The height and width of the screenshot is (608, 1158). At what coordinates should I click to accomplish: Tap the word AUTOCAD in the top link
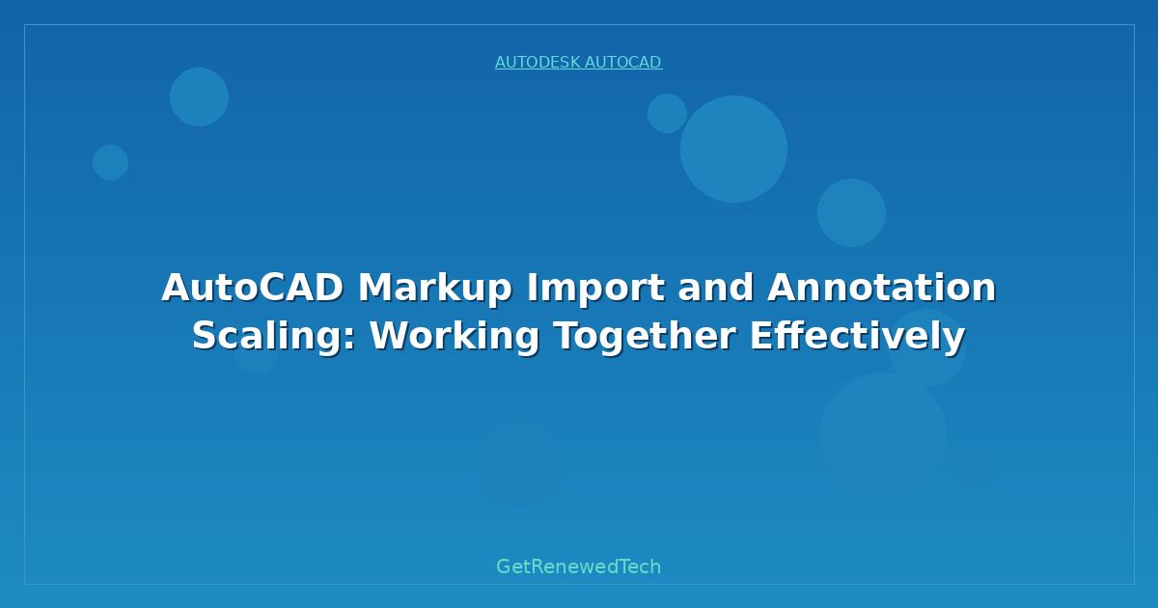pyautogui.click(x=622, y=63)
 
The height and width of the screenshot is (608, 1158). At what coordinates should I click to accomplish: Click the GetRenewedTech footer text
pyautogui.click(x=578, y=567)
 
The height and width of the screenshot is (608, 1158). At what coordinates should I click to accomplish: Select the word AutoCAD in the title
pyautogui.click(x=252, y=288)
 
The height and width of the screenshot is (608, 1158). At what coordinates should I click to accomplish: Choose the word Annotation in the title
pyautogui.click(x=881, y=288)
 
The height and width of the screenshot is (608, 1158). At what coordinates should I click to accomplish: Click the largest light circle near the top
pyautogui.click(x=733, y=149)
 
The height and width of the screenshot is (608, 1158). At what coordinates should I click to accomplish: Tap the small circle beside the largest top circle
pyautogui.click(x=667, y=113)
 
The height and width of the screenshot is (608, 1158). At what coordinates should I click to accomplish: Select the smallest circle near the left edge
pyautogui.click(x=110, y=162)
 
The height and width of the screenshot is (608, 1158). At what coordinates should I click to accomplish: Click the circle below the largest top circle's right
pyautogui.click(x=851, y=212)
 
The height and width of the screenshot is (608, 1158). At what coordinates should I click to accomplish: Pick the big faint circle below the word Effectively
pyautogui.click(x=883, y=434)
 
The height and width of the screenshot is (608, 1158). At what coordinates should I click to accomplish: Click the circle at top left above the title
pyautogui.click(x=199, y=97)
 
